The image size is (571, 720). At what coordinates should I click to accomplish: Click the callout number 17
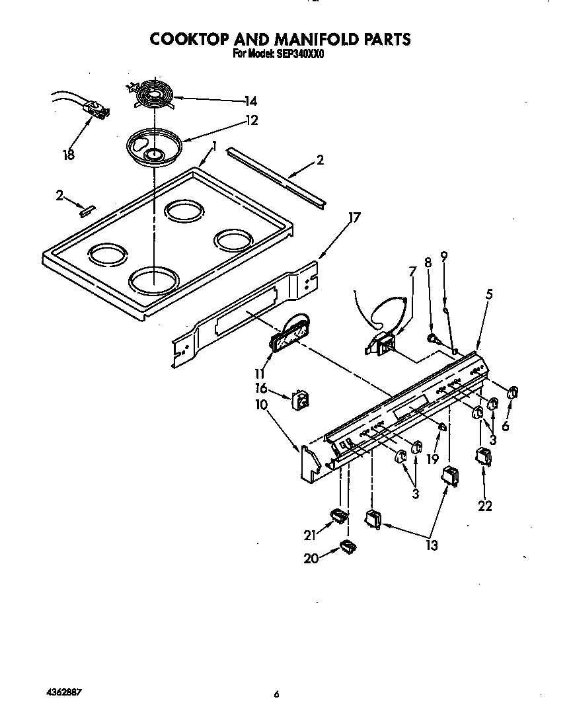tap(354, 218)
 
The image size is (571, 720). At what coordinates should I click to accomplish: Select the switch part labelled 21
tap(338, 515)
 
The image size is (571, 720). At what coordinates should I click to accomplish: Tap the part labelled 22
tap(484, 458)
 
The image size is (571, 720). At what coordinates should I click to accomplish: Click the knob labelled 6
tap(512, 393)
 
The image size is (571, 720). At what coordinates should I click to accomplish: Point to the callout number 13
tap(432, 545)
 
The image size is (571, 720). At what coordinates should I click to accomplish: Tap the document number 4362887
tap(64, 692)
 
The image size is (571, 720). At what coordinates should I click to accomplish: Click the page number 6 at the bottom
tap(277, 694)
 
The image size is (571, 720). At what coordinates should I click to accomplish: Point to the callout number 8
tap(428, 262)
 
